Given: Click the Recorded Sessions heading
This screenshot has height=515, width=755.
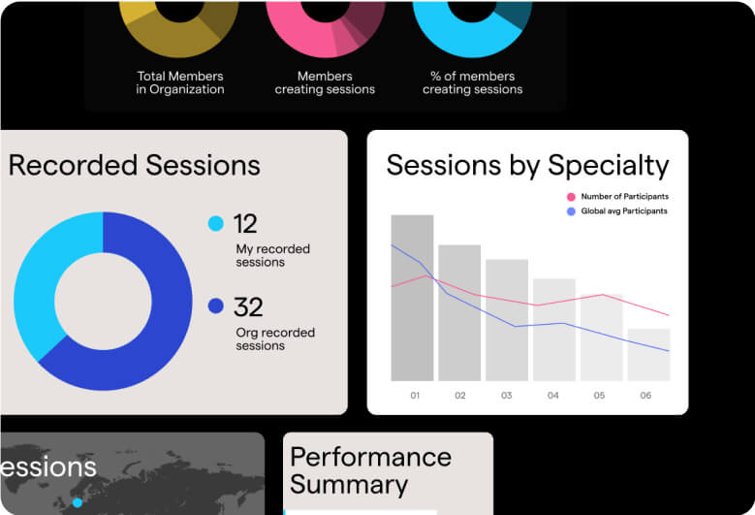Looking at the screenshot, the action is (x=135, y=165).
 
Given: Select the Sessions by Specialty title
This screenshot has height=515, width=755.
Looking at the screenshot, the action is (x=528, y=166).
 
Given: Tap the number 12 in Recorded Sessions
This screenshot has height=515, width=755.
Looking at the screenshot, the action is (x=245, y=224).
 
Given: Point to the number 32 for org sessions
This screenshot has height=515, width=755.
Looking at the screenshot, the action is (x=248, y=307).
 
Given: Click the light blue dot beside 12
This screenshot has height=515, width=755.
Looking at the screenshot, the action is (x=216, y=223).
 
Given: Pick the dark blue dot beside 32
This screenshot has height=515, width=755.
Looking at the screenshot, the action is (x=216, y=306).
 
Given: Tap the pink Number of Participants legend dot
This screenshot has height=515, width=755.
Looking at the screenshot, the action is (x=571, y=197).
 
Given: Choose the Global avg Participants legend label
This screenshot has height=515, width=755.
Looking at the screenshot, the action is (x=624, y=211).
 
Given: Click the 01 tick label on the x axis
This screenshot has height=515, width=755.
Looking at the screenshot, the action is (x=415, y=396).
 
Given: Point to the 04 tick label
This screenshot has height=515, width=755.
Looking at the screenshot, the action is (x=552, y=396).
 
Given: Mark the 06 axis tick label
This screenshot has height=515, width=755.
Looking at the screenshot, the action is (x=645, y=396).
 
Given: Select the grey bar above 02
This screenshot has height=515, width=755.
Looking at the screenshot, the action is (x=459, y=313).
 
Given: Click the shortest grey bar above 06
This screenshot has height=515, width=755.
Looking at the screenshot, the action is (x=649, y=355).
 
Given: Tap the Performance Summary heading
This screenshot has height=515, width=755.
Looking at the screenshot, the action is (x=371, y=470).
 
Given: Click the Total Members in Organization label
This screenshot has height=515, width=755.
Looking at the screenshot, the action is (x=180, y=82).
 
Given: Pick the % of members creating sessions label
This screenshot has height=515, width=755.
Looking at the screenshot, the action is (x=472, y=82).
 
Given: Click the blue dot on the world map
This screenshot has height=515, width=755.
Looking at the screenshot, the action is (x=77, y=503).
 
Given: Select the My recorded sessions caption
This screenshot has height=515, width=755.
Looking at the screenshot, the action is (x=272, y=256).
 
